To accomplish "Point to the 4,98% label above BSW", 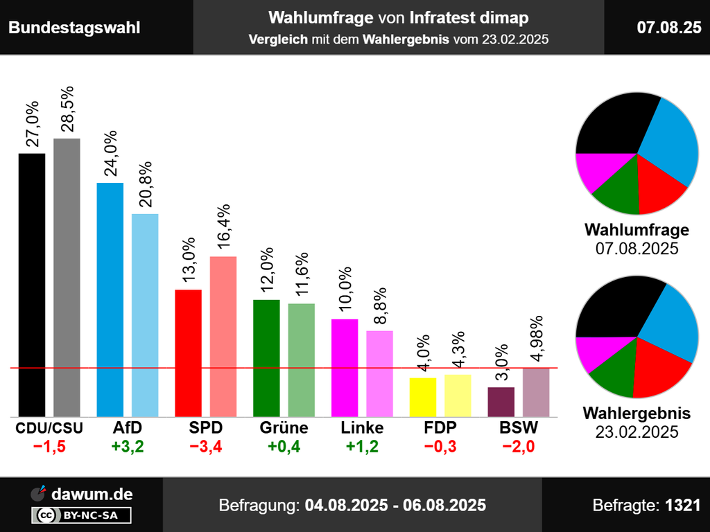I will [x=535, y=339].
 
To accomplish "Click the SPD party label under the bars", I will [x=205, y=428].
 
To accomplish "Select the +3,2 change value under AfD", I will [x=128, y=447].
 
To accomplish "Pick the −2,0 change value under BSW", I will [x=519, y=447].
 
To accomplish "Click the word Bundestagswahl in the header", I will [x=74, y=27].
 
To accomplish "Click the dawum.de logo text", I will [x=92, y=494].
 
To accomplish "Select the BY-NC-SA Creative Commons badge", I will [x=82, y=515].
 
